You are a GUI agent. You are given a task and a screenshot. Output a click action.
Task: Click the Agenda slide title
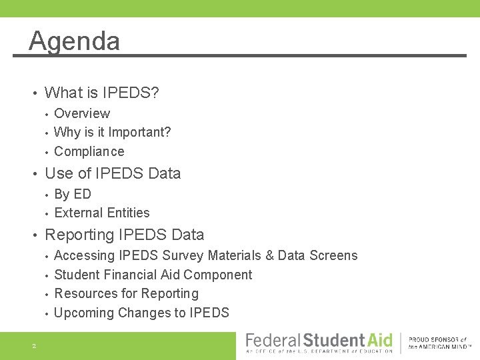pyautogui.click(x=75, y=41)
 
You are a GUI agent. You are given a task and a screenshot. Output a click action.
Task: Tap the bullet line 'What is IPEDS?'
pyautogui.click(x=101, y=93)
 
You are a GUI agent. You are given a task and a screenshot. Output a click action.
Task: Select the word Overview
pyautogui.click(x=82, y=113)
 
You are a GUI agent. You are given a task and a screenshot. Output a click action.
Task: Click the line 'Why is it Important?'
pyautogui.click(x=112, y=132)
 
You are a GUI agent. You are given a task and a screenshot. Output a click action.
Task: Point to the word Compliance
pyautogui.click(x=89, y=151)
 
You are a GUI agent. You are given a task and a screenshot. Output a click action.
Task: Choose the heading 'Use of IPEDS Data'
pyautogui.click(x=112, y=173)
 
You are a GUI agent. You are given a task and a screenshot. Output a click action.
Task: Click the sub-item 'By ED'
pyautogui.click(x=72, y=194)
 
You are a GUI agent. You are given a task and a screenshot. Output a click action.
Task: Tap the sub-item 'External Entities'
pyautogui.click(x=101, y=213)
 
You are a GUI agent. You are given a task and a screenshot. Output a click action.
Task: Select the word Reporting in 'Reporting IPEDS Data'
pyautogui.click(x=79, y=235)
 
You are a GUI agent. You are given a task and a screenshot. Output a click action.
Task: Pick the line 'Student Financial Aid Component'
pyautogui.click(x=153, y=275)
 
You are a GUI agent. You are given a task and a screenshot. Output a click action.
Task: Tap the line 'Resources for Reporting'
pyautogui.click(x=126, y=293)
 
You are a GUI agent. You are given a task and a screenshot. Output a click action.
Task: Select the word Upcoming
pyautogui.click(x=84, y=313)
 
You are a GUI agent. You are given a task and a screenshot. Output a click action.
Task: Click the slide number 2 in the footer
pyautogui.click(x=33, y=345)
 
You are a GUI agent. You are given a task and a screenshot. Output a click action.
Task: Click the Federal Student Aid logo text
pyautogui.click(x=319, y=341)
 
